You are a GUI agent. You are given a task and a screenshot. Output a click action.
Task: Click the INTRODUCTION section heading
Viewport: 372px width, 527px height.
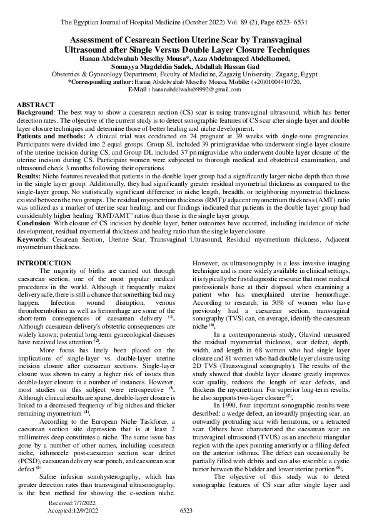click(44, 263)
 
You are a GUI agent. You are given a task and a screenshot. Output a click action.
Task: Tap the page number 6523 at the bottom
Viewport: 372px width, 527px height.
click(186, 511)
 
